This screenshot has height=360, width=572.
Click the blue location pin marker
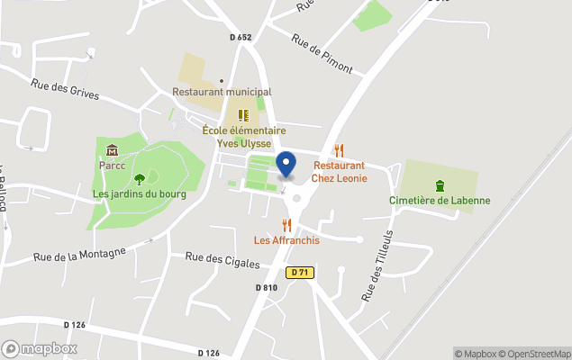pos(286,165)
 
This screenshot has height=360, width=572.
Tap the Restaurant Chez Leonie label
pos(339,172)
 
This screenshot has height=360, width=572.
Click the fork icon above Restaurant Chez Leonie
pos(339,150)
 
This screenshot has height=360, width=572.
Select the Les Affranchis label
pos(286,240)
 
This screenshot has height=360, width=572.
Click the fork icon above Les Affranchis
pos(286,224)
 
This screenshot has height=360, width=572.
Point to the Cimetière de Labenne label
pos(440,200)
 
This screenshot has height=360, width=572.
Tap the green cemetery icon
pos(440,185)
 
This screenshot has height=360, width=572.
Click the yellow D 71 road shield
pos(300,272)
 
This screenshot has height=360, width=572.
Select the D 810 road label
pos(267,287)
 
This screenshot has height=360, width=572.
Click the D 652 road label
pos(240,37)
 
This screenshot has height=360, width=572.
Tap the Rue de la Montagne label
pos(78,256)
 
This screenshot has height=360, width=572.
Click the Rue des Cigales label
pos(222,261)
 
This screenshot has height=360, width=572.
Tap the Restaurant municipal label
pos(222,92)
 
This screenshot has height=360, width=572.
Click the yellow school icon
pos(243,115)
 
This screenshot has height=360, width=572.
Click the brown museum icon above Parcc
pos(112,150)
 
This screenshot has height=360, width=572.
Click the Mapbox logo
pos(40,348)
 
